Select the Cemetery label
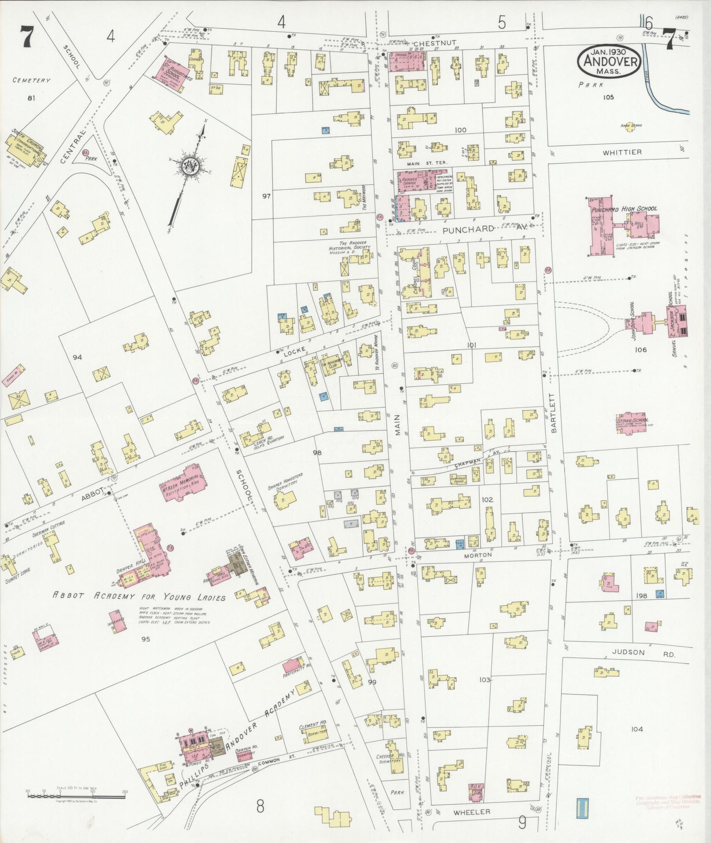31,81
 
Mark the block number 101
472,345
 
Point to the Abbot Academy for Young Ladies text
139,597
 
